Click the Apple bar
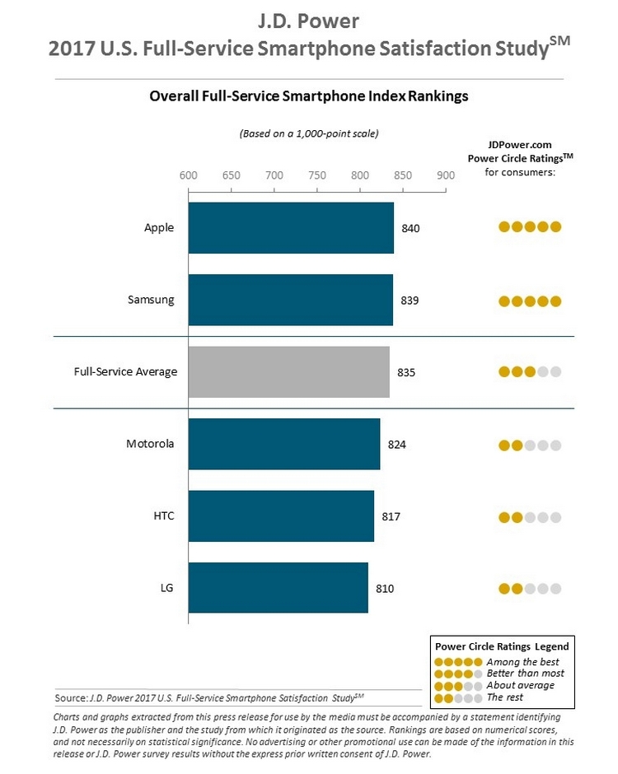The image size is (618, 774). [x=291, y=228]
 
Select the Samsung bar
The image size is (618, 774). [x=290, y=300]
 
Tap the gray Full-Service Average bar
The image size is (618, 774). [x=288, y=372]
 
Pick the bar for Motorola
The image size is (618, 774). [x=284, y=444]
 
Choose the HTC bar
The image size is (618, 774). [x=281, y=516]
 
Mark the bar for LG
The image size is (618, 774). [x=279, y=588]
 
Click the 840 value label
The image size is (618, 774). [x=411, y=228]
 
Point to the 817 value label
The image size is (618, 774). [x=391, y=516]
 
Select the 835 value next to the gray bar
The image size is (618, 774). [x=406, y=372]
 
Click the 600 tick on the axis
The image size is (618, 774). [x=188, y=175]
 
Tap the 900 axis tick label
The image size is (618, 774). [x=446, y=175]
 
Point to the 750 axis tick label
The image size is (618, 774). [x=316, y=175]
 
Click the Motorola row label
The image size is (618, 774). [x=150, y=444]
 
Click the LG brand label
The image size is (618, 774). [x=166, y=588]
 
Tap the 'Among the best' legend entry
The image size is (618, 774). [x=522, y=662]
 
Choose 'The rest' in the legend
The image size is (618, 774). [x=504, y=697]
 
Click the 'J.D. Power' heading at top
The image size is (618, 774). [x=309, y=20]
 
